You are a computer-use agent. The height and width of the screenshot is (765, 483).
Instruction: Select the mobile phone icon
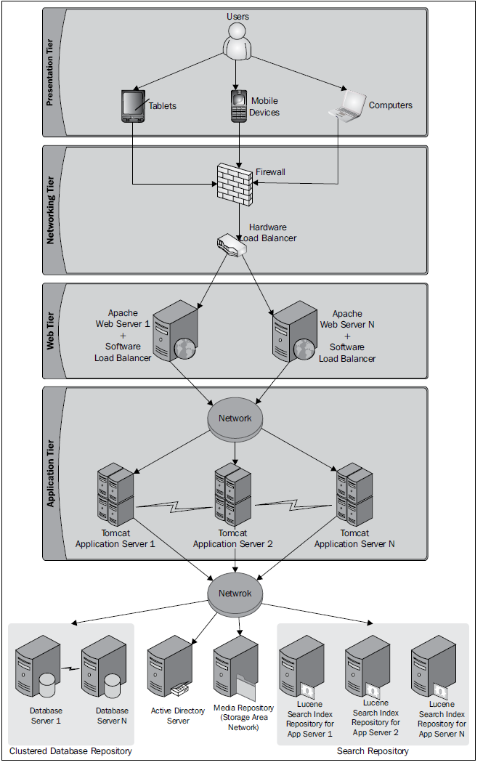pyautogui.click(x=238, y=106)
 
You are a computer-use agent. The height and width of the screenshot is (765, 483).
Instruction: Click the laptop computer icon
pyautogui.click(x=349, y=104)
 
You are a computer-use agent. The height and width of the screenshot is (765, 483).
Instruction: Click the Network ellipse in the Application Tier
pyautogui.click(x=235, y=418)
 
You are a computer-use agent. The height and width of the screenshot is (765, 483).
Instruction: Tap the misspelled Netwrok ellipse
pyautogui.click(x=235, y=593)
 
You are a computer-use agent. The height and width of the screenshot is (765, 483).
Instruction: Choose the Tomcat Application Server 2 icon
pyautogui.click(x=234, y=495)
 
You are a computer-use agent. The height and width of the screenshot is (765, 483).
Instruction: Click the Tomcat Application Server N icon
pyautogui.click(x=354, y=495)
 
